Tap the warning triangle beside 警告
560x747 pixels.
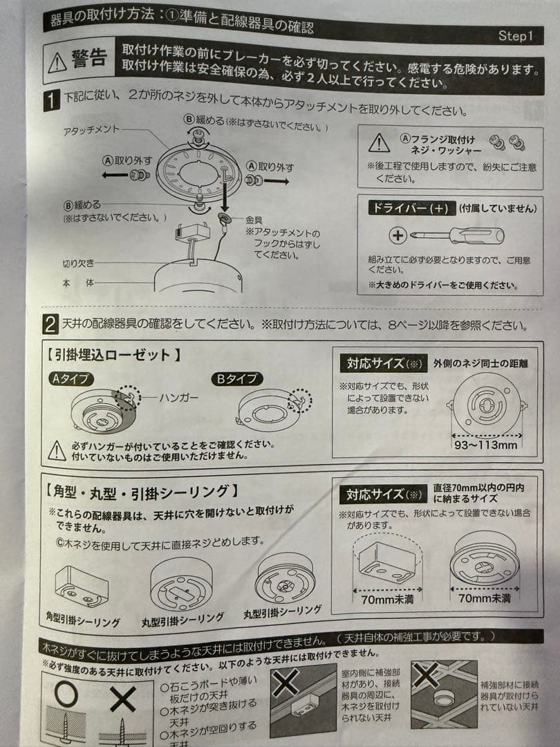(x=57, y=63)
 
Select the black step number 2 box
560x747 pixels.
(x=50, y=324)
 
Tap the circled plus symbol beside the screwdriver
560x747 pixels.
(x=398, y=236)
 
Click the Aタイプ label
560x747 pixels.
(x=72, y=378)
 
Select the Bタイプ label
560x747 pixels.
(x=236, y=378)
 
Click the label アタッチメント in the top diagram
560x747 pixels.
(x=91, y=131)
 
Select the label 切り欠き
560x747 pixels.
(x=77, y=264)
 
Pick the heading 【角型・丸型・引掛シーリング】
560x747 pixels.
(x=142, y=492)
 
